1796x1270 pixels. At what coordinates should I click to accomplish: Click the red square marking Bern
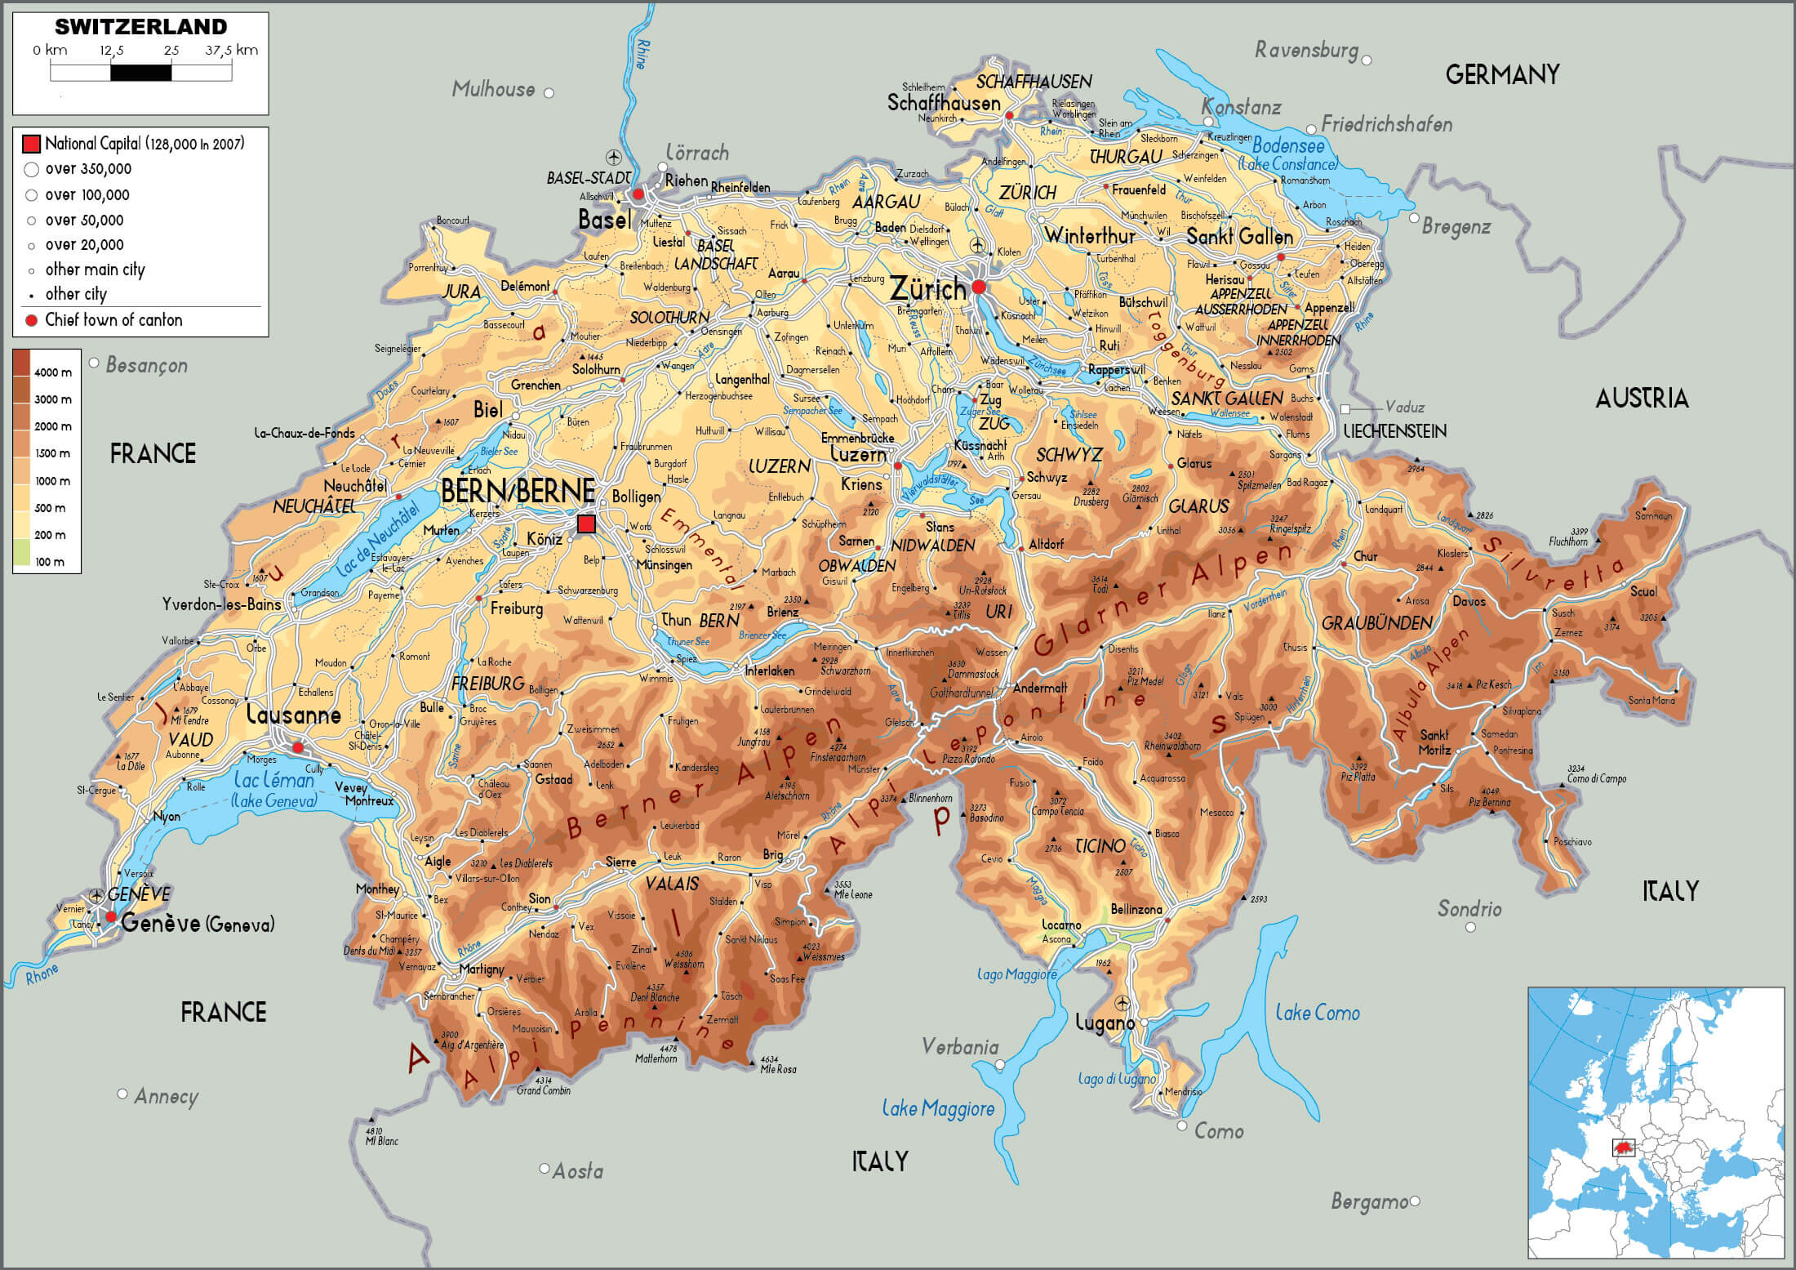pos(586,524)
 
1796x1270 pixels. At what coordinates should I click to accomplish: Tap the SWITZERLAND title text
pos(140,27)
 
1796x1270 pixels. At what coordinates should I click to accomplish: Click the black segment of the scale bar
pos(140,73)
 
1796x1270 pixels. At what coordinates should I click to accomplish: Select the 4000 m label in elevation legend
pos(53,372)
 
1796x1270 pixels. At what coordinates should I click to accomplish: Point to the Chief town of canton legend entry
pos(113,320)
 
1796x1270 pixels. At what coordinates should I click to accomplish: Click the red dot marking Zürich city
pos(979,287)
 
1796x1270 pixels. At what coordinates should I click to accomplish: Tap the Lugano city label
pos(1105,1023)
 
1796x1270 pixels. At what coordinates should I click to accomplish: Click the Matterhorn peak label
pos(656,1058)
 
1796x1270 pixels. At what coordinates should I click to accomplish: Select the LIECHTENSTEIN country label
pos(1394,431)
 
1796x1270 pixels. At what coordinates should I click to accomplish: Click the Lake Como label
pos(1318,1013)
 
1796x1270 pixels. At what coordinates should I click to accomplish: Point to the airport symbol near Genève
pos(97,895)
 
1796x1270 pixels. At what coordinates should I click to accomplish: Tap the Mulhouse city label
pos(493,89)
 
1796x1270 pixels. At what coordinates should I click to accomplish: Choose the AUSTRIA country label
pos(1642,399)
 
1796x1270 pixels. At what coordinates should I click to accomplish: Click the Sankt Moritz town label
pos(1434,742)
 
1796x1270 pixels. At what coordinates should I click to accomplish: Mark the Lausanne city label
pos(293,715)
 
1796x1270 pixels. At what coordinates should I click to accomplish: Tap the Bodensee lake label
pos(1288,146)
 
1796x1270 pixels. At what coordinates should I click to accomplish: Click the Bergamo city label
pos(1369,1201)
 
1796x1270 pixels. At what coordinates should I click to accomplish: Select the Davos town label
pos(1469,601)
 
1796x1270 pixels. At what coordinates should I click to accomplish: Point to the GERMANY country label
pos(1502,75)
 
